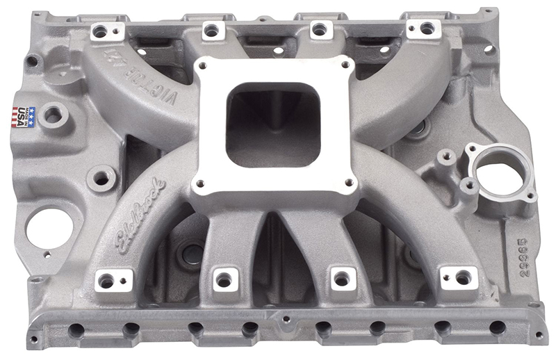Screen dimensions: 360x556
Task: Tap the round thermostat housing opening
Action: [501, 165]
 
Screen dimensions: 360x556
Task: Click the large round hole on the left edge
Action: [49, 228]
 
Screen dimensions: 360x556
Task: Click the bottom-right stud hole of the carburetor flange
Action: [350, 182]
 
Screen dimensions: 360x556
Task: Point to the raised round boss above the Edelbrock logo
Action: [101, 179]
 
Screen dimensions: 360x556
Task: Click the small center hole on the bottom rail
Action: [285, 321]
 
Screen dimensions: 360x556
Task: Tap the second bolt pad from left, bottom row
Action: [224, 279]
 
